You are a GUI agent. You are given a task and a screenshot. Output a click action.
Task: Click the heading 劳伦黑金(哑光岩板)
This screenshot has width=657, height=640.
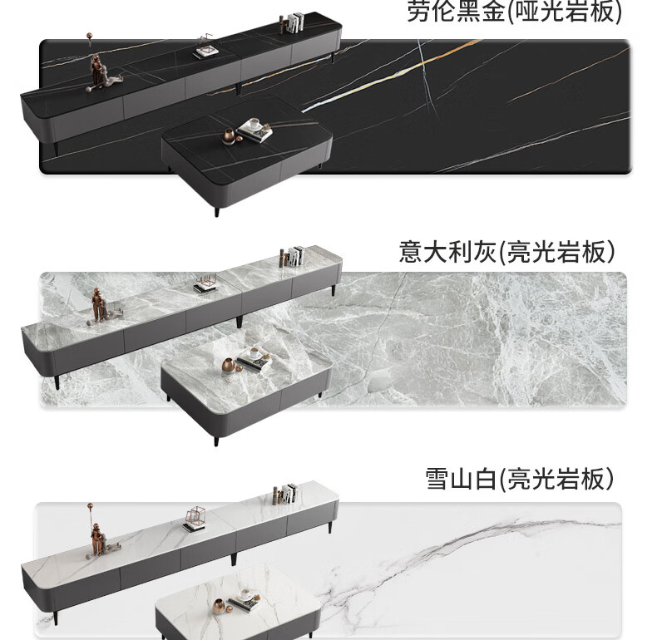514,11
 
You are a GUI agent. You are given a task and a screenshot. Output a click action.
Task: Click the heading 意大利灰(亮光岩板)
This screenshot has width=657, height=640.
507,251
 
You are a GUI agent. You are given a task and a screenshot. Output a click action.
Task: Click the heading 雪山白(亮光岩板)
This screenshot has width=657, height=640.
520,479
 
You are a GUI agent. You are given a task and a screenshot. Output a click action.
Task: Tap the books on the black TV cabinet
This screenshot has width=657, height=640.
292,22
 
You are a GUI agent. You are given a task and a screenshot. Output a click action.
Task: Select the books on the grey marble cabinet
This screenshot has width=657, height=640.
292,256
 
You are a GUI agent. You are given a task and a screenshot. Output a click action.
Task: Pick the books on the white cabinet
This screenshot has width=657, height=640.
286,494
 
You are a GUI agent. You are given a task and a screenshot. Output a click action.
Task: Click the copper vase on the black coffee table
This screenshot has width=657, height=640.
229,136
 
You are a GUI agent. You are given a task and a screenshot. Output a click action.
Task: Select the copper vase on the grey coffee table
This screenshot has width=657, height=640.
229,366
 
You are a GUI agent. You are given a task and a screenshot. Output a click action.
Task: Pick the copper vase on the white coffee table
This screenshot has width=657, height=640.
220,606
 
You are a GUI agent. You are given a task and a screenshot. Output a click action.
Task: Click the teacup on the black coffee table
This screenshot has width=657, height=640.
254,124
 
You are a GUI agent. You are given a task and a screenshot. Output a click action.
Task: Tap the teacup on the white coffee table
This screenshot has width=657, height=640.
245,594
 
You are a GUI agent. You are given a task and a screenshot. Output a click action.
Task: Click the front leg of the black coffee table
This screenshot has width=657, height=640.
216,211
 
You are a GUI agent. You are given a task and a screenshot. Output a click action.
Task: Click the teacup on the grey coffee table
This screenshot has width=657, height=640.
254,353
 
